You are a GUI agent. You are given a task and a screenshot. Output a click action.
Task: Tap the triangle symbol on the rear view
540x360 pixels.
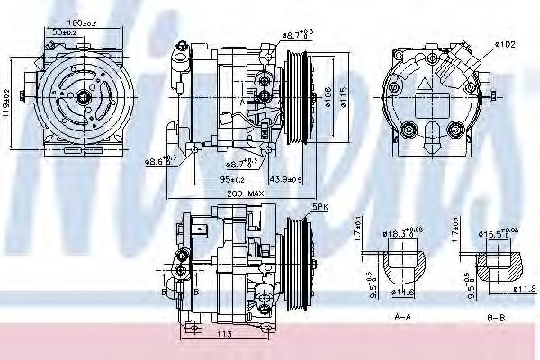[427, 81]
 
